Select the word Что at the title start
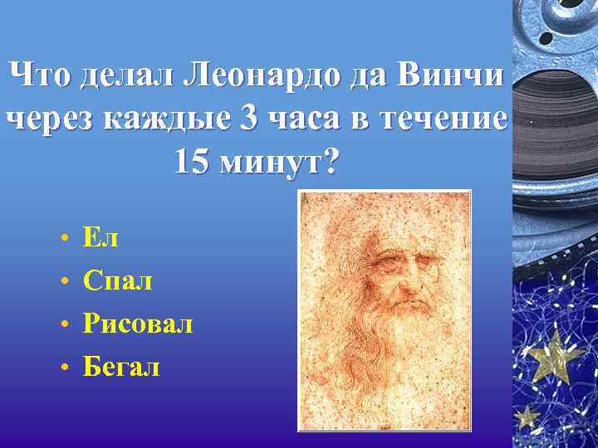coord(41,75)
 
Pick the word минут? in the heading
coord(278,162)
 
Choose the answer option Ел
coord(100,238)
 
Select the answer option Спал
coord(118,280)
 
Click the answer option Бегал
coord(121,366)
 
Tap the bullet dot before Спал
coord(64,282)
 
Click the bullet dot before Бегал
coord(64,368)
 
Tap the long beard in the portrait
coord(390,357)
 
